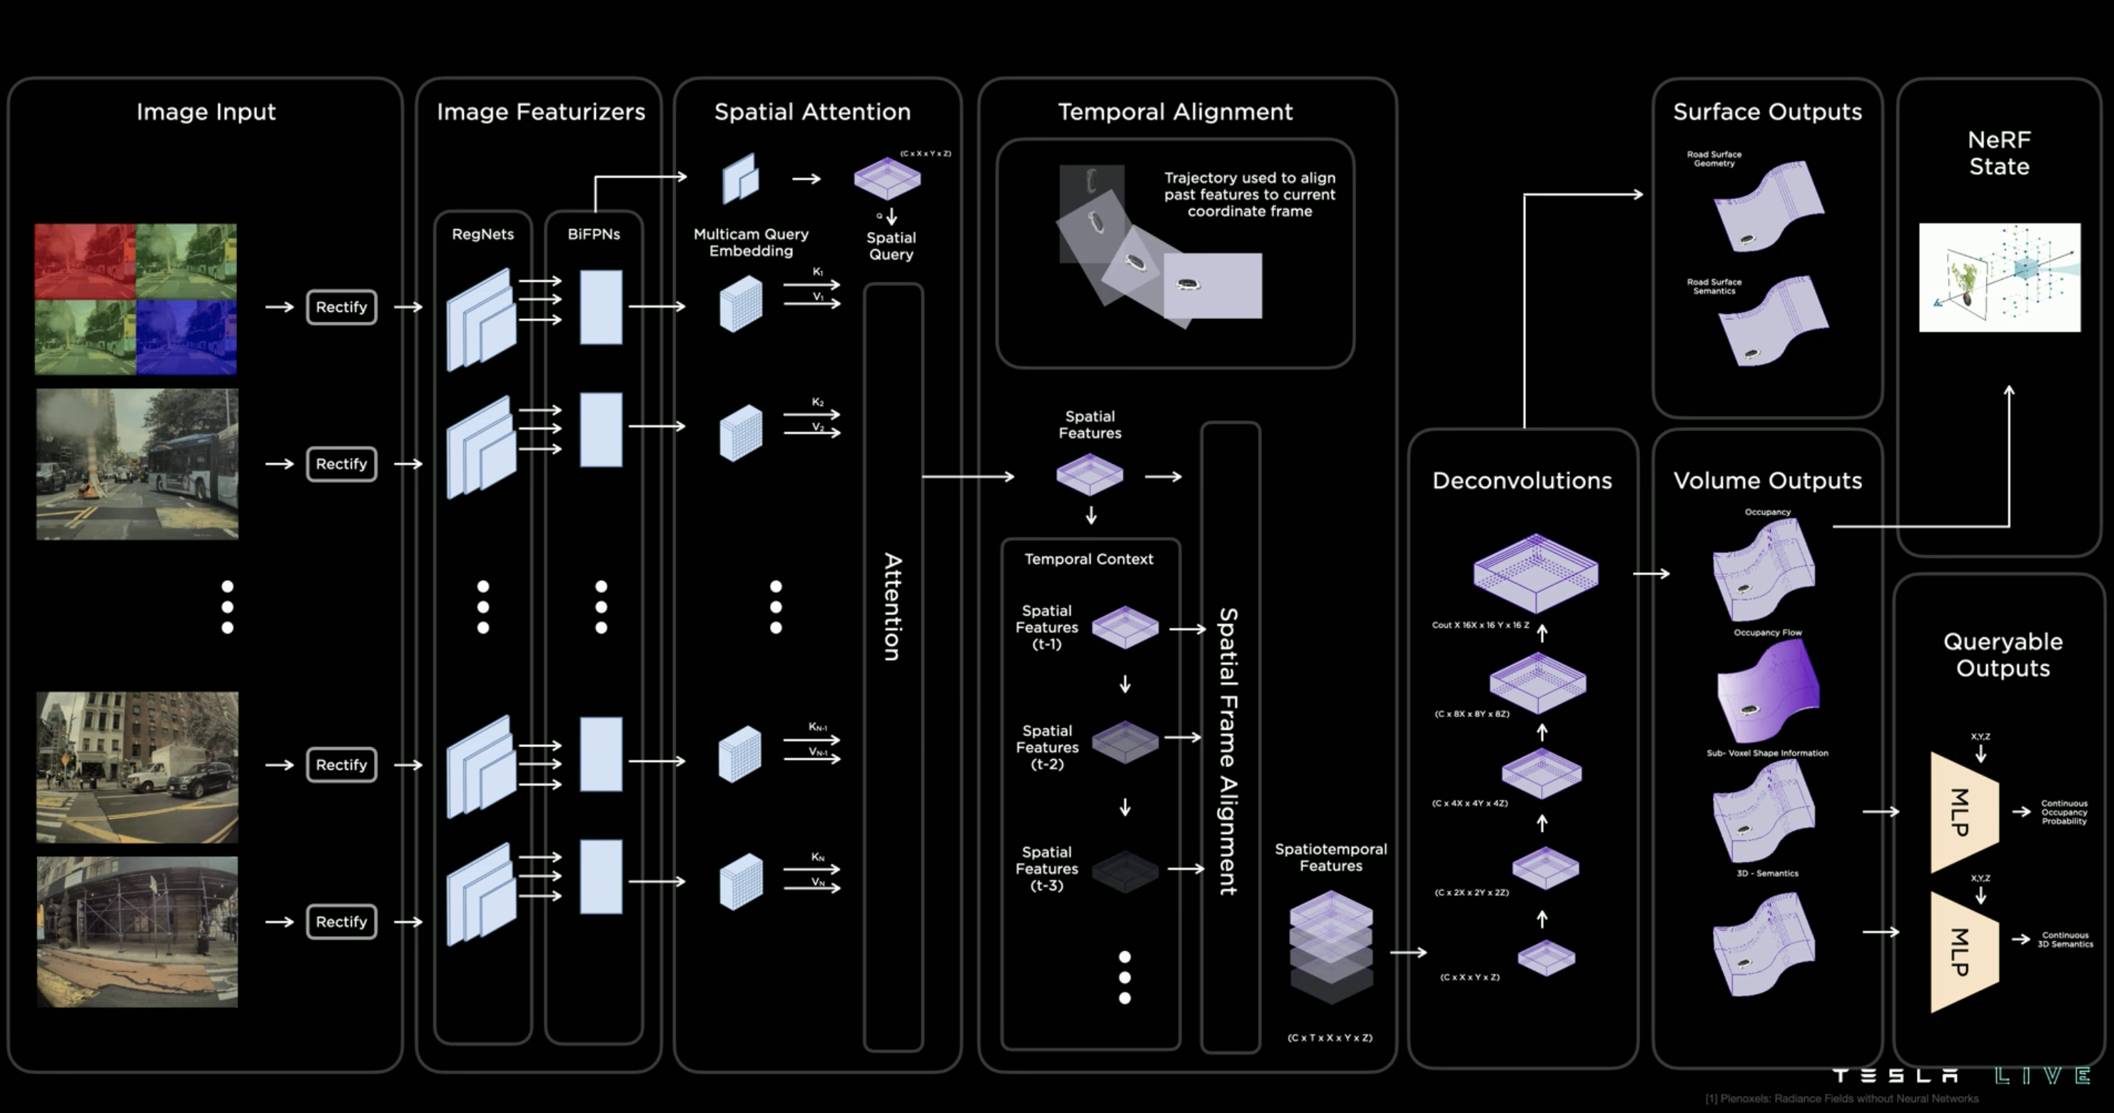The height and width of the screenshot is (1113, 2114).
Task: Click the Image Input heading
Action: (x=206, y=111)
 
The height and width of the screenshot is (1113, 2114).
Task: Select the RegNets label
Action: (x=482, y=234)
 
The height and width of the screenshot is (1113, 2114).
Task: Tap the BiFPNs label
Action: (x=593, y=234)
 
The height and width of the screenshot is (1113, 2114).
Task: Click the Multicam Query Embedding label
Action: (x=751, y=242)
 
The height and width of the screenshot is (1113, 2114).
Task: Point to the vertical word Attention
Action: (x=893, y=607)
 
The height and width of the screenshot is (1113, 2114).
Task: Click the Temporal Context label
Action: (x=1088, y=559)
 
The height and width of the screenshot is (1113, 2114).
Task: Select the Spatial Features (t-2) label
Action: (x=1047, y=747)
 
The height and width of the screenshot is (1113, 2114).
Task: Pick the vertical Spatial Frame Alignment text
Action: (x=1228, y=751)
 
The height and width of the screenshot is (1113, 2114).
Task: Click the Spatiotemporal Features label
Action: (x=1330, y=857)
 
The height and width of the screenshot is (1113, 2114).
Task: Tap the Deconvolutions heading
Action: (x=1522, y=481)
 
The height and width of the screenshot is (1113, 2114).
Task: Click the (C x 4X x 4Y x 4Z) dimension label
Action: (x=1470, y=803)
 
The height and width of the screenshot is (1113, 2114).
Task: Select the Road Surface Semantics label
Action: (x=1714, y=286)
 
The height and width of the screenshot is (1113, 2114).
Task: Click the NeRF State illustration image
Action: (x=1999, y=278)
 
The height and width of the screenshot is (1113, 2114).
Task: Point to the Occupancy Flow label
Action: (x=1767, y=632)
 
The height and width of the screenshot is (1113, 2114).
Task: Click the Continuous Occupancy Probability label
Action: (x=2064, y=812)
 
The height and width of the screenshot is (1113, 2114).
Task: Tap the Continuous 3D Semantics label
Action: (x=2065, y=939)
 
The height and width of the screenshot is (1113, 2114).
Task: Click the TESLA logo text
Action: (x=1896, y=1075)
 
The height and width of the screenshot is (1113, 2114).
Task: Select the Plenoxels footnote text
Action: (x=1841, y=1098)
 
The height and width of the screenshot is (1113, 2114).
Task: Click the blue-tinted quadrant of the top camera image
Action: (x=186, y=337)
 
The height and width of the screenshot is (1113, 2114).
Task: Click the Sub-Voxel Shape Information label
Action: (x=1767, y=753)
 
